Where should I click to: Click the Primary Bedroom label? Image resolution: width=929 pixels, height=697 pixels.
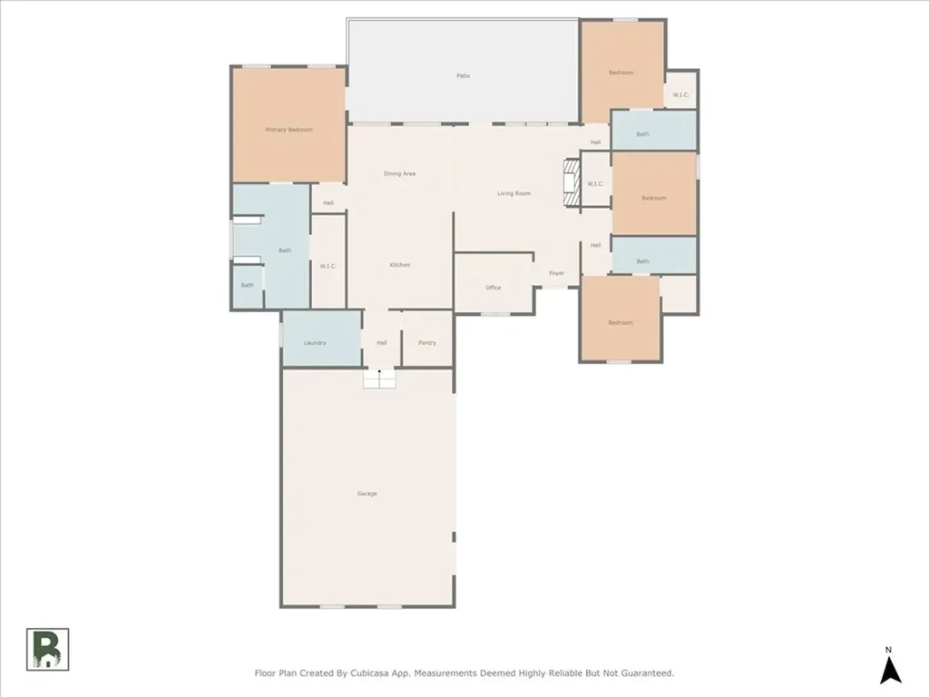(x=288, y=130)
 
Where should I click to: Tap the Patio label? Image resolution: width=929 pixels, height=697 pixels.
(x=463, y=75)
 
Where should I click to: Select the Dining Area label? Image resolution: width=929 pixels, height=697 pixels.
(x=399, y=173)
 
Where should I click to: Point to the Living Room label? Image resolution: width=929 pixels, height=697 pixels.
(x=513, y=193)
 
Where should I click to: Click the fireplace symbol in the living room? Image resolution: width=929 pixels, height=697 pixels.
(x=570, y=183)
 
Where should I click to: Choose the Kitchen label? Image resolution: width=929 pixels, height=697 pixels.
(x=400, y=265)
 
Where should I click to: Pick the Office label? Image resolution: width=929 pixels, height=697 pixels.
(x=493, y=288)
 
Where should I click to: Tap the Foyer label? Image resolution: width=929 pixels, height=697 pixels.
(x=556, y=273)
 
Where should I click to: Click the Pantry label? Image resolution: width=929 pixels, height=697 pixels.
(x=426, y=343)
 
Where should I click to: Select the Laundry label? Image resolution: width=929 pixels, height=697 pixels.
(x=315, y=343)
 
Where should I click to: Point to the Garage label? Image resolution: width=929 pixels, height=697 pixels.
(x=367, y=494)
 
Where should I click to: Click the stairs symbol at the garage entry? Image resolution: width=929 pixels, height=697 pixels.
(x=380, y=378)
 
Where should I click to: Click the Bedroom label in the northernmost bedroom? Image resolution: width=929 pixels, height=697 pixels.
(x=621, y=73)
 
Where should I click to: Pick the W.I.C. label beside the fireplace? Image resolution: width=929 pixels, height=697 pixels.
(x=595, y=184)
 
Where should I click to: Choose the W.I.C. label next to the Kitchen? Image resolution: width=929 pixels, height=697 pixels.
(x=328, y=266)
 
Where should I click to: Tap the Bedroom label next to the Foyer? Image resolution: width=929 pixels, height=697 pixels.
(x=621, y=323)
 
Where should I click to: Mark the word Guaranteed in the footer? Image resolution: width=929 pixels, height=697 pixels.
(x=643, y=673)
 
